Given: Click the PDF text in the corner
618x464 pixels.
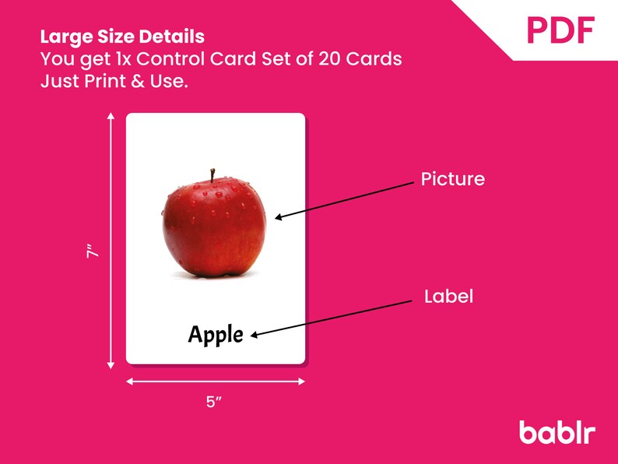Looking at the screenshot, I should coord(560,30).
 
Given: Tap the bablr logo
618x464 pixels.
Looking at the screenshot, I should coord(557,431).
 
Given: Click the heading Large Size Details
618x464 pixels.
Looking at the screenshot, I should coord(122,37).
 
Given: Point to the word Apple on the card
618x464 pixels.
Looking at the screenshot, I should coord(216,335).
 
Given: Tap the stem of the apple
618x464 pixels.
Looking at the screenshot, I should coord(212,175).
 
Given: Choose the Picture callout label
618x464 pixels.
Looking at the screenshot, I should coord(452,180).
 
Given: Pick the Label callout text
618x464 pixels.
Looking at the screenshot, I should coord(448,297).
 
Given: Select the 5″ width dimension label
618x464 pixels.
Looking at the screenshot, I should coord(215,402).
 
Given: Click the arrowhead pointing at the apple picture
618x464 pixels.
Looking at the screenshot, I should coord(278,218).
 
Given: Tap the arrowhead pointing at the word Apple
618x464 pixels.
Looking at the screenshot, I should coord(254,336).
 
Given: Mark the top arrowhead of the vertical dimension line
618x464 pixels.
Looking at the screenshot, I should coord(111,118).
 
